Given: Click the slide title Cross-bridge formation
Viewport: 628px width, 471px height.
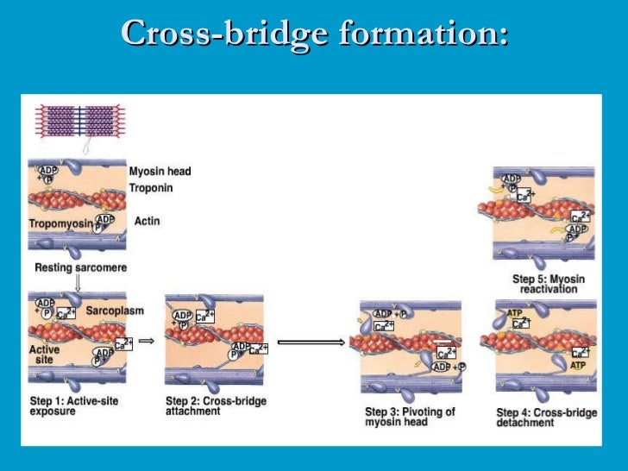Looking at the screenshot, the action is pos(314,34).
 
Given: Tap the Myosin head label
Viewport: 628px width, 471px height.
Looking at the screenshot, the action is pos(160,171).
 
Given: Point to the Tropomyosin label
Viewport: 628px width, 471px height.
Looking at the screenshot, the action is pos(60,223).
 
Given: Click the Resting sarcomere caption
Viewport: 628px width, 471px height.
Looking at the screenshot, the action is pos(80,268).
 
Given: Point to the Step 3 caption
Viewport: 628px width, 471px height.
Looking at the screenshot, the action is pos(410,417).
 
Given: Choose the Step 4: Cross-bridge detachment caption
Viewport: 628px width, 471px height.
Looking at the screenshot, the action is pos(547,418).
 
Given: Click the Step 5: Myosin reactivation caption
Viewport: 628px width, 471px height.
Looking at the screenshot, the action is pos(549,284).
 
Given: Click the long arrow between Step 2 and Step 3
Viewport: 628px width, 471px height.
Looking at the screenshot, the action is pos(311,342).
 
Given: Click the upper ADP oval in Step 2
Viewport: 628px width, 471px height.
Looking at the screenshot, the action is pos(182,317).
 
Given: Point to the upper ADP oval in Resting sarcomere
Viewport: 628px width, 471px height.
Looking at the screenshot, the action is pos(47,170).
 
